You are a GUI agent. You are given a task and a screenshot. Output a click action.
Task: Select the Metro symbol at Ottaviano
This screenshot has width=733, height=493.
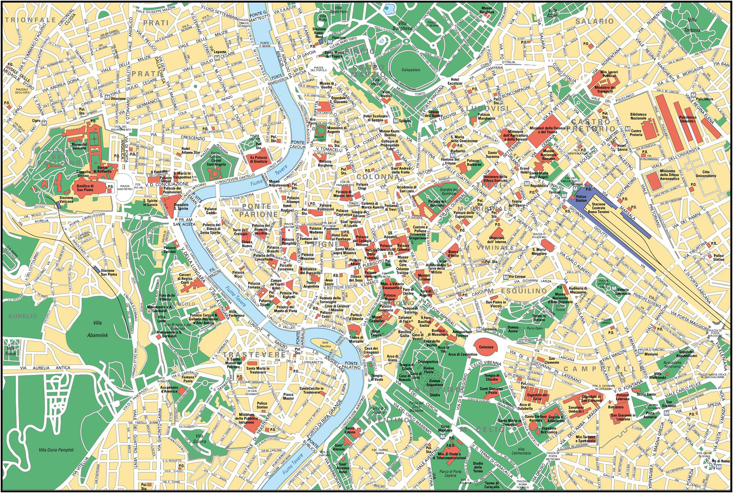(106, 98)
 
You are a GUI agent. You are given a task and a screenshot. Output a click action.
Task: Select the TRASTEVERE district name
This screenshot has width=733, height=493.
(253, 355)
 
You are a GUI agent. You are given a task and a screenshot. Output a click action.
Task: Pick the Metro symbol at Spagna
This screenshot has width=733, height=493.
(396, 120)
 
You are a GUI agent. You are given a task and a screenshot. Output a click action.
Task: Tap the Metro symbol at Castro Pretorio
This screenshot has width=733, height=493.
(627, 129)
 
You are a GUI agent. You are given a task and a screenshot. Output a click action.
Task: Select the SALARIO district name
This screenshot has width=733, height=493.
(594, 21)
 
